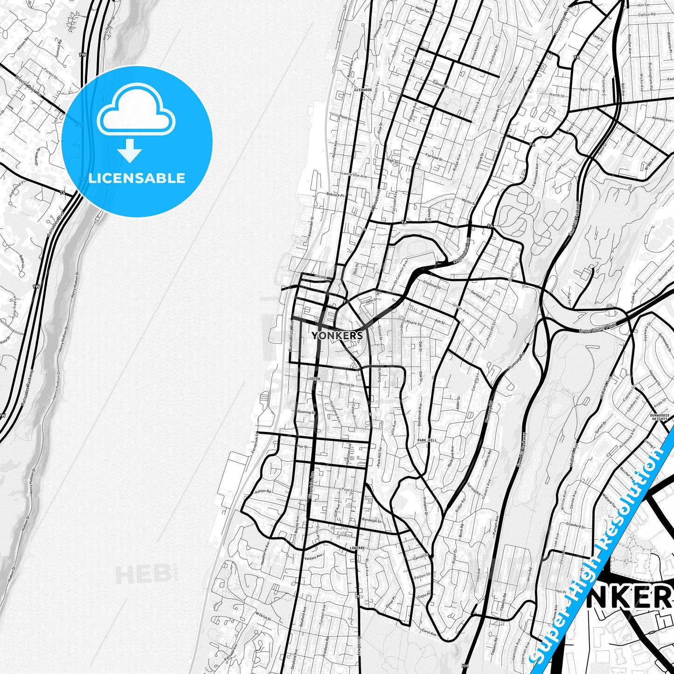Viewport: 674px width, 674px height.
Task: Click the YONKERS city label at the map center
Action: click(x=337, y=335)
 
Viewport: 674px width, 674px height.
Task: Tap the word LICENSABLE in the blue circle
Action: click(x=137, y=178)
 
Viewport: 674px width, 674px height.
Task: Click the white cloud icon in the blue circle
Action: click(x=136, y=111)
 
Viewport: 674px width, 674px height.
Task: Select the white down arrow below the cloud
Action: click(x=130, y=151)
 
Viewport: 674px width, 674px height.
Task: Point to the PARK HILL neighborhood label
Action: click(x=427, y=440)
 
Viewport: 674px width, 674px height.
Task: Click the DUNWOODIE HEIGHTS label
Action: click(x=659, y=417)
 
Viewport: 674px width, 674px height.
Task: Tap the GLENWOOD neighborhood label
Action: click(x=363, y=90)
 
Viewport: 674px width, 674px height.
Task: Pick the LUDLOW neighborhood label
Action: click(x=314, y=379)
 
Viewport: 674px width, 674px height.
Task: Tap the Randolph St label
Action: click(x=371, y=521)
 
